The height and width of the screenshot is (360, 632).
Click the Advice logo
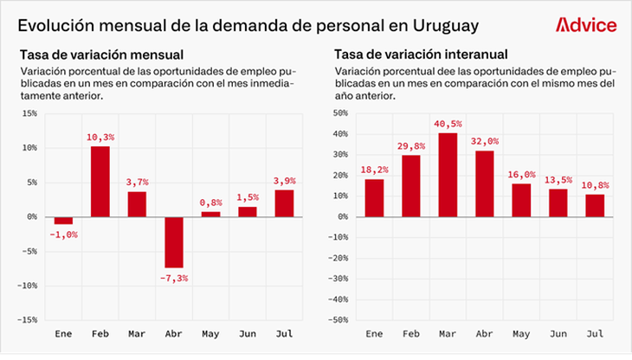click(x=585, y=25)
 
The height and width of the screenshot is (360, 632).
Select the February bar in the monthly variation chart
click(x=100, y=182)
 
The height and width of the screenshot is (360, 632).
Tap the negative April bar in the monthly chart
click(x=174, y=241)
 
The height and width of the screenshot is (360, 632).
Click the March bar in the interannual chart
click(x=448, y=174)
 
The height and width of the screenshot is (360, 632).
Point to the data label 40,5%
click(x=448, y=124)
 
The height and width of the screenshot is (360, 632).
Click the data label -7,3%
click(x=174, y=278)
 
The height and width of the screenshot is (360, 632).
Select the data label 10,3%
click(x=100, y=138)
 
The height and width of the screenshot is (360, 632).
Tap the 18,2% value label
click(x=374, y=170)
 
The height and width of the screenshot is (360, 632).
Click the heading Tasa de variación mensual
click(x=89, y=55)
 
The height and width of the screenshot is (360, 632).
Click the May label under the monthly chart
click(x=210, y=333)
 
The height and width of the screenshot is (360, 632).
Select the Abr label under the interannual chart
click(x=484, y=333)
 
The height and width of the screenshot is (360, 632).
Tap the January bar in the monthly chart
click(x=63, y=220)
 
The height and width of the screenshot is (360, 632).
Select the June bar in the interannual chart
click(x=558, y=202)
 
